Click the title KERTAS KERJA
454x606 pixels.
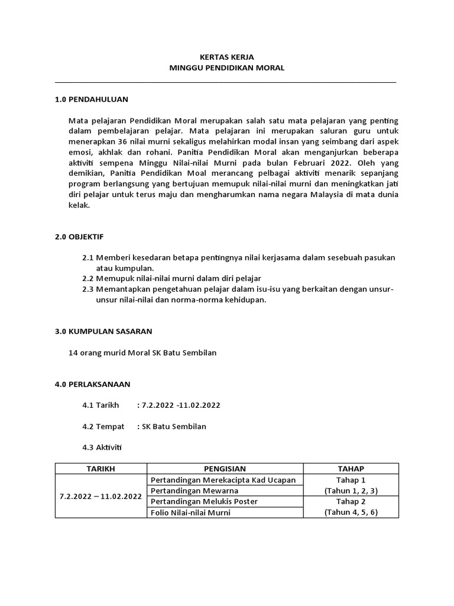227,57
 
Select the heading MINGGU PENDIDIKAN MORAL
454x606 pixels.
227,68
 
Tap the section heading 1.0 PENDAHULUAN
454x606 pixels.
91,98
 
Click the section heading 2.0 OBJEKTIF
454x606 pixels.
79,237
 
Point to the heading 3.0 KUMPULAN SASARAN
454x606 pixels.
103,331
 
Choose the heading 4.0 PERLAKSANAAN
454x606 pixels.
92,384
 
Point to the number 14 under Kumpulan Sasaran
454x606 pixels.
74,353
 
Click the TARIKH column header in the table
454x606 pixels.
100,469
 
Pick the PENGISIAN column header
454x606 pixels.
224,469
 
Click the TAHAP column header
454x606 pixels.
351,469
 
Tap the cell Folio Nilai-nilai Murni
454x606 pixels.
190,512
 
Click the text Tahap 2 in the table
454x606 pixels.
351,502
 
